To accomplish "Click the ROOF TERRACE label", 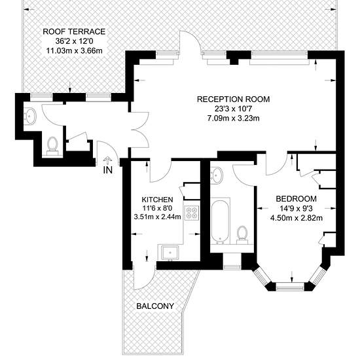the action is coord(74,31).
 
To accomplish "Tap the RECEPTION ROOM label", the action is coord(233,99).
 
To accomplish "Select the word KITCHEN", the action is coord(157,199).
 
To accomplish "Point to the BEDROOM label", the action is coord(296,198).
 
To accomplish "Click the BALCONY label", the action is coord(155,306).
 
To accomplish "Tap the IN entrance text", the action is coord(108,170).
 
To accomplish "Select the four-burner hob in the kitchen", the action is coord(192,213).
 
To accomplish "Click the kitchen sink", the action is coord(170,253).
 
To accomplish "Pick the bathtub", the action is coord(220,221).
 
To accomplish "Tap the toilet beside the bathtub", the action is coord(242,234).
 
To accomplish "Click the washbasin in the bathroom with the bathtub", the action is coord(216,175).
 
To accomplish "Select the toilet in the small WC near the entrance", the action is coord(52,146).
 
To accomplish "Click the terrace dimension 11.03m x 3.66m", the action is coord(75,50).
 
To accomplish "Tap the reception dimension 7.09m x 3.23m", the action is coord(233,118).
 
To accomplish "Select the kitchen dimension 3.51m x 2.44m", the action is coord(158,217).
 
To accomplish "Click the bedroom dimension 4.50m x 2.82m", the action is coord(297,217).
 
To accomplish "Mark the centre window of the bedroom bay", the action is coord(290,287).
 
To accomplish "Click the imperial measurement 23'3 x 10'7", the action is coord(233,109).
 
